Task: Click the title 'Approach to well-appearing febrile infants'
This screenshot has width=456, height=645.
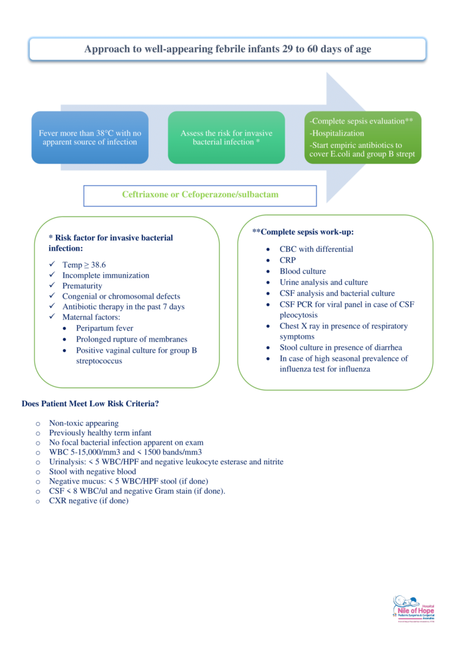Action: (227, 49)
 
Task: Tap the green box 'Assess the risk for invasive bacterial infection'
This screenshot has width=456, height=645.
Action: (225, 137)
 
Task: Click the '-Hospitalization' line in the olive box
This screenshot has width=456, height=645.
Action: (337, 134)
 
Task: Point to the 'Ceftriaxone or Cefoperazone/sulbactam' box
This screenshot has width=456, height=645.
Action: (200, 195)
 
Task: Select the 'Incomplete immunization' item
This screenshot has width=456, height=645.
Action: (105, 276)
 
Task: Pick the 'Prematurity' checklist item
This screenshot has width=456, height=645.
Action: (82, 286)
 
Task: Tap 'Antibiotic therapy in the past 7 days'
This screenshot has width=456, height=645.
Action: (123, 307)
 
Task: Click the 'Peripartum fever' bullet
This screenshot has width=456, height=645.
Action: (105, 328)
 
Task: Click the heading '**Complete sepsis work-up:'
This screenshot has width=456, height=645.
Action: (303, 232)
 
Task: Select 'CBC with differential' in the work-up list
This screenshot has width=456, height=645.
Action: (316, 249)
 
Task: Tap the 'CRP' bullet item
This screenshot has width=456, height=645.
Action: (288, 260)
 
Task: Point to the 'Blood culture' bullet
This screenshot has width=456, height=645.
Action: (303, 271)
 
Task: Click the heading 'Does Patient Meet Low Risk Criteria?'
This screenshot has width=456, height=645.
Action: (90, 404)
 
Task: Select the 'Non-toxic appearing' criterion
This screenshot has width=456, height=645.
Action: (84, 423)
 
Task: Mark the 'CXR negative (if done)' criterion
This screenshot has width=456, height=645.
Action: (89, 501)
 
